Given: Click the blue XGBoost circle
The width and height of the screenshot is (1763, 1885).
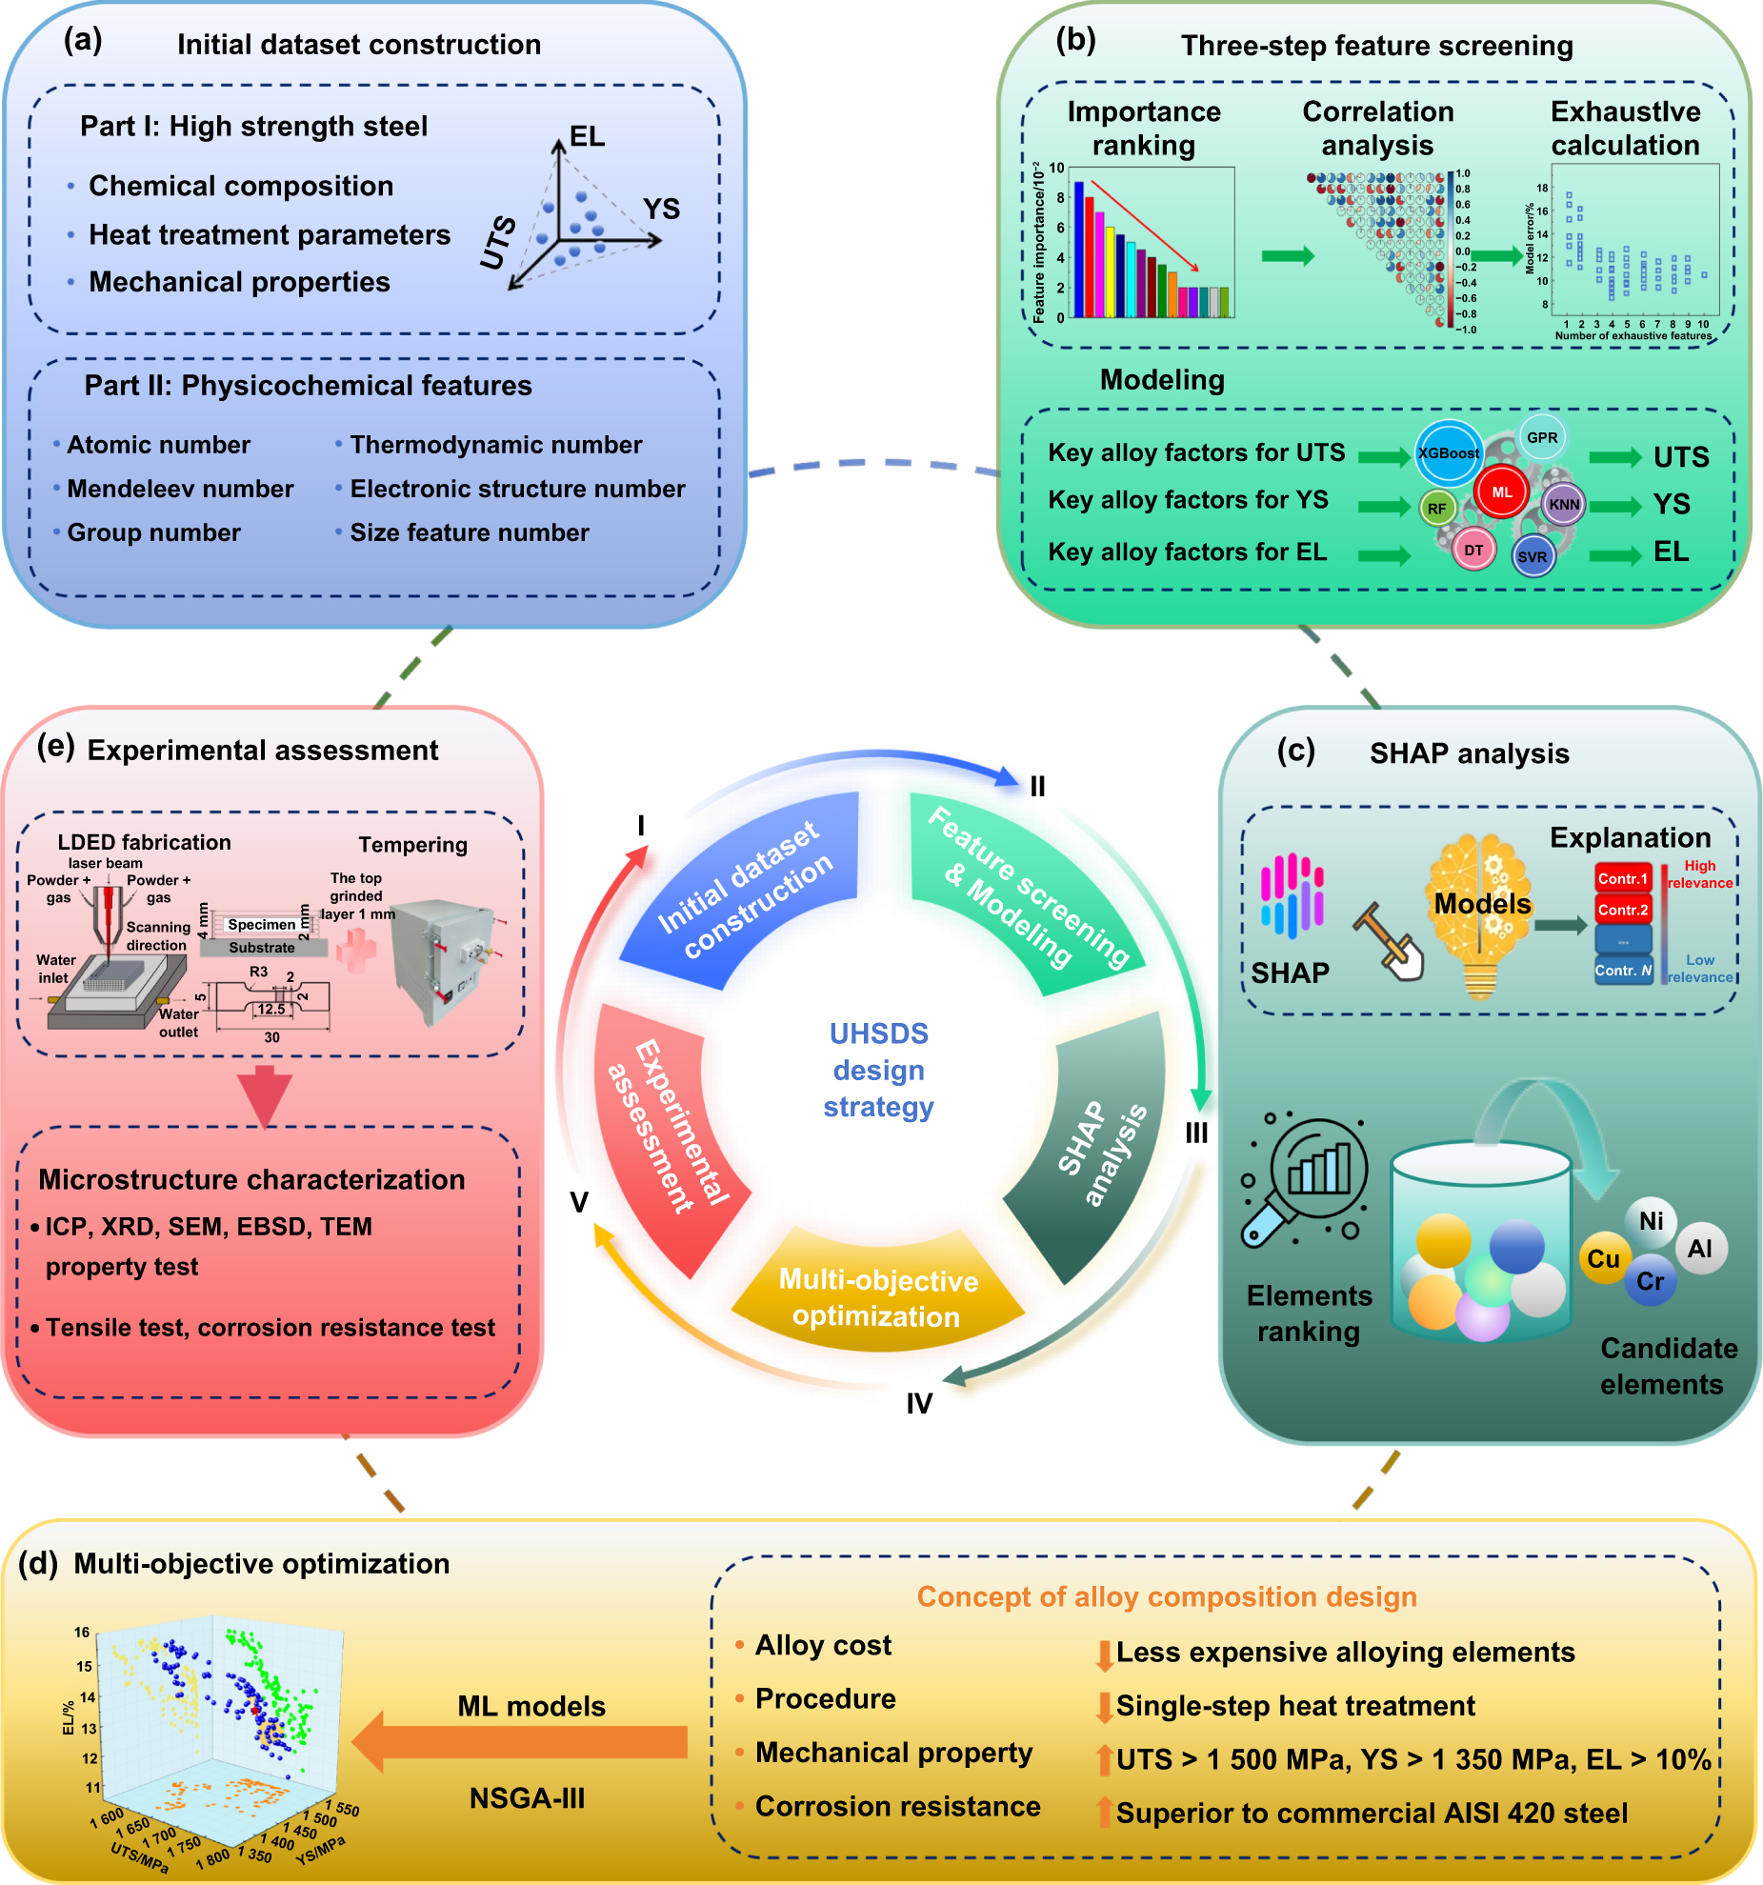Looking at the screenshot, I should point(1449,452).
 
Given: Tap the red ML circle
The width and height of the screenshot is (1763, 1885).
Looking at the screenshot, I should point(1502,492).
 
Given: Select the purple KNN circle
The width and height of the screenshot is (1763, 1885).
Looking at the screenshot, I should point(1564,505).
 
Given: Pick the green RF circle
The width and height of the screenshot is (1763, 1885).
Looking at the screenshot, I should point(1436,509).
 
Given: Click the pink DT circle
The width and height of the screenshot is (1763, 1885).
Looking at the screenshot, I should point(1473,550).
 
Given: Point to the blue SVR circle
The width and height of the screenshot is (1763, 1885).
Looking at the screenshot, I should point(1533,557).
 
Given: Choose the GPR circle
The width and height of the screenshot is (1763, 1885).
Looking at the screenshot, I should point(1542,437).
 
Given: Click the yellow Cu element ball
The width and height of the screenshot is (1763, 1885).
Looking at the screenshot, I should point(1603,1259).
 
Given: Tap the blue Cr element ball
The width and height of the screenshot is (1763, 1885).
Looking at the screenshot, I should point(1651,1281).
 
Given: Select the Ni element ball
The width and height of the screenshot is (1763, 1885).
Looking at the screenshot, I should point(1651,1221).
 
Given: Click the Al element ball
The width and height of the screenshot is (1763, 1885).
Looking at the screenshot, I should point(1700,1249).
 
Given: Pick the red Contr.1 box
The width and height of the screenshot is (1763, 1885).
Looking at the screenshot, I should point(1623,878).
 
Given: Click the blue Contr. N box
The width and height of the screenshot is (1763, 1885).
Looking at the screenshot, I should point(1623,971).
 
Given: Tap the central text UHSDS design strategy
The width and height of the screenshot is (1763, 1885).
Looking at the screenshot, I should point(878,1070).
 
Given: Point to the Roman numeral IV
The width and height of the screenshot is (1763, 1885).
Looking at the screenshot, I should point(919,1403).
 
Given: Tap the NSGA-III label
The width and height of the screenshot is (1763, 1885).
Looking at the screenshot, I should point(527,1798).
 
